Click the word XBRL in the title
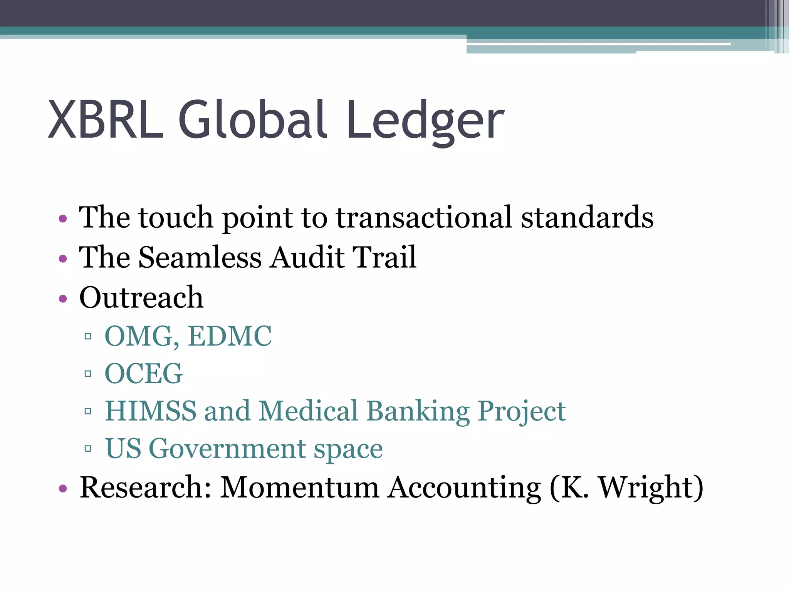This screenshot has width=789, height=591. point(106,120)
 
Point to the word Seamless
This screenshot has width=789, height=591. point(200,257)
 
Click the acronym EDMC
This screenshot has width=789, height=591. point(230,336)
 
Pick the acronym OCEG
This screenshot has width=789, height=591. point(144,374)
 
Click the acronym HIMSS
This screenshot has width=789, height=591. point(151,411)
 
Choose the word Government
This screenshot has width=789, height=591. point(227,449)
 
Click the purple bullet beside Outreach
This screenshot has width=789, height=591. point(63,299)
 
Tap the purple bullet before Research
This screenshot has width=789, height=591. point(63,489)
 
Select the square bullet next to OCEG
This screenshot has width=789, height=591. point(88,374)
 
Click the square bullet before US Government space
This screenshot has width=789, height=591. point(88,449)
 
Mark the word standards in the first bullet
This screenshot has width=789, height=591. point(587,217)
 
